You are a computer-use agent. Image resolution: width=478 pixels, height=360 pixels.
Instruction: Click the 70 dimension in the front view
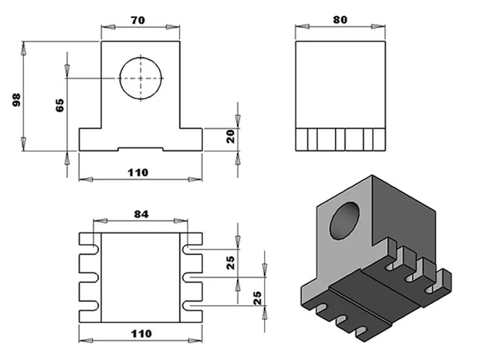click(137, 20)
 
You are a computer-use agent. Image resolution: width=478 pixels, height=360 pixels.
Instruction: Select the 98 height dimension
click(17, 98)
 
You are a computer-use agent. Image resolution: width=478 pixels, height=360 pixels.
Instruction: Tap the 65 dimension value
click(60, 106)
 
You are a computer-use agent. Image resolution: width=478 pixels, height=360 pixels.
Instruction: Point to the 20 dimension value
click(231, 135)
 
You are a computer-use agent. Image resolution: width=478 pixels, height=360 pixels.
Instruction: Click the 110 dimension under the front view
click(137, 172)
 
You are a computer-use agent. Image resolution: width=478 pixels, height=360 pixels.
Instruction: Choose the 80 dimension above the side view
click(340, 20)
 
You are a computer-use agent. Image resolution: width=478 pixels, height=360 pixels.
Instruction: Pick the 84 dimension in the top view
click(141, 214)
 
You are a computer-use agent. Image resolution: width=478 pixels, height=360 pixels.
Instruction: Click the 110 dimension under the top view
click(141, 333)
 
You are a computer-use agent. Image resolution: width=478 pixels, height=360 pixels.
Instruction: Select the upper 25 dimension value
click(231, 262)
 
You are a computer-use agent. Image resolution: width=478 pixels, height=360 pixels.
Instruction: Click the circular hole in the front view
click(141, 78)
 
